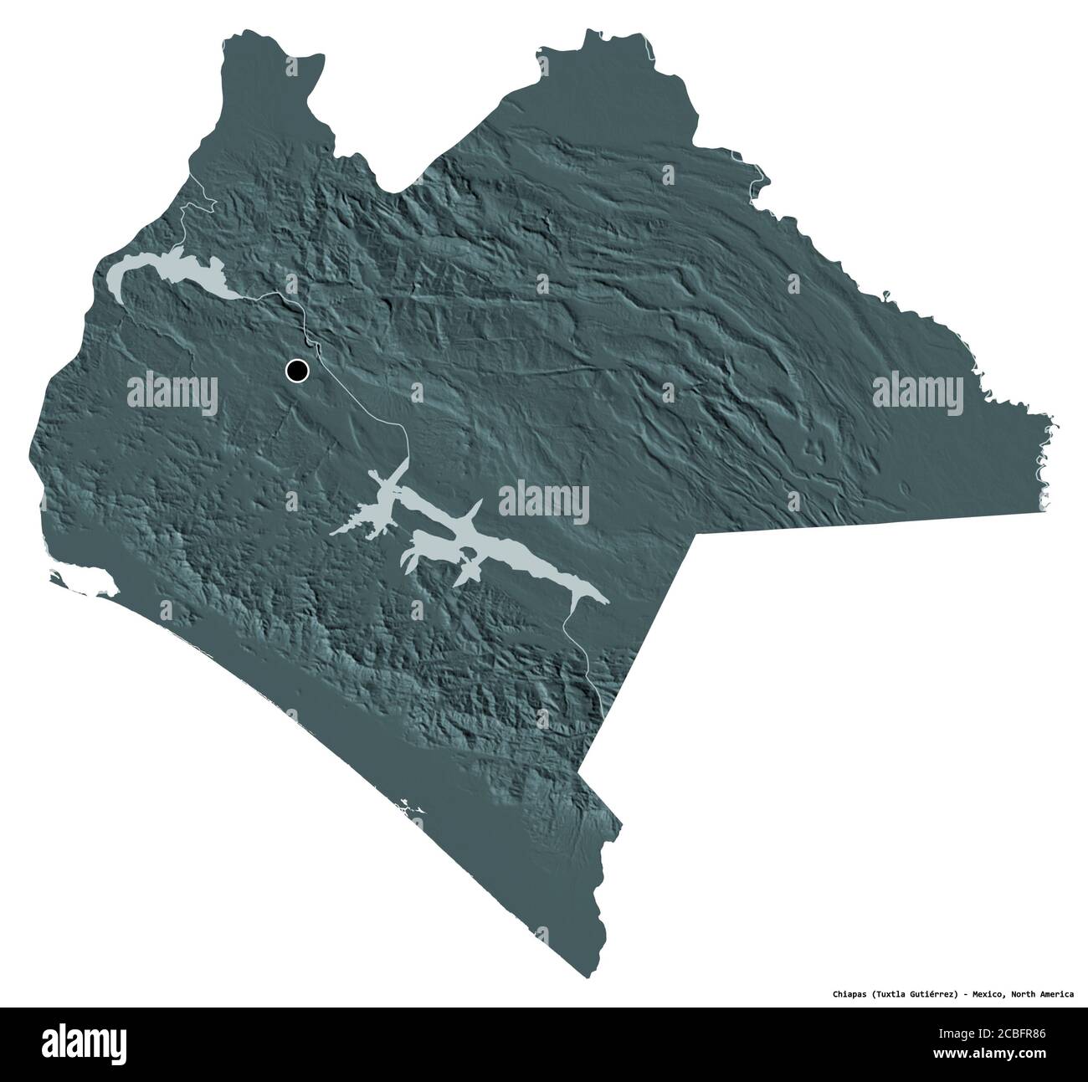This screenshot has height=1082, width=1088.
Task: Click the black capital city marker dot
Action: click(x=297, y=369)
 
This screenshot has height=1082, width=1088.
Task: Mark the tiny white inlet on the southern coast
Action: click(x=410, y=809)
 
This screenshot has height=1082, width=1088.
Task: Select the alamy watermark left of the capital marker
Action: click(x=172, y=391)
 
